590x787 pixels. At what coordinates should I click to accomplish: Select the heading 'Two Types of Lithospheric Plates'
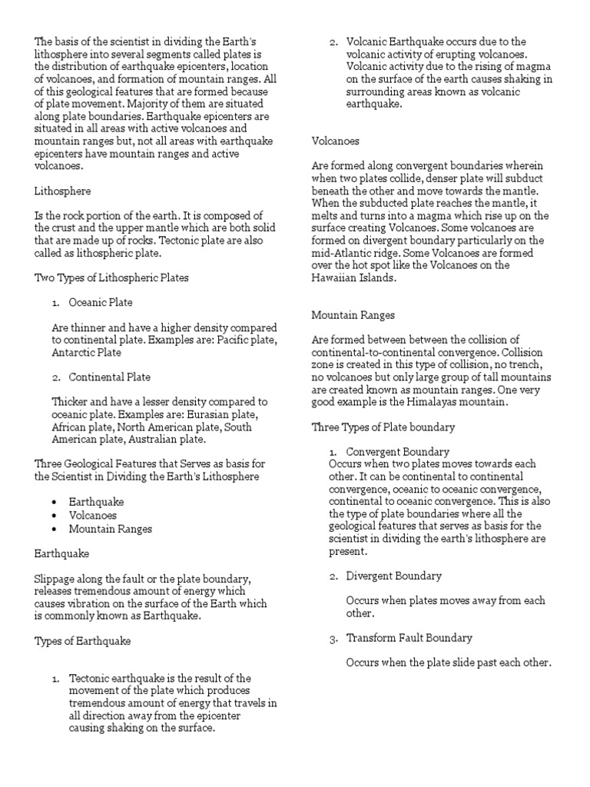(111, 277)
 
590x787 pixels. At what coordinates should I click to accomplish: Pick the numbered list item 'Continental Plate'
(110, 377)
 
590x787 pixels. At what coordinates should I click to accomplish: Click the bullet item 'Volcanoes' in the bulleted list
(93, 515)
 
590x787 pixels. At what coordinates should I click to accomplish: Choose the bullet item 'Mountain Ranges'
(111, 528)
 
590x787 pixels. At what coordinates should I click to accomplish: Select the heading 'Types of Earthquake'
(83, 640)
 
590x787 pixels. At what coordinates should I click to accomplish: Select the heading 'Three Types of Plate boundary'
(383, 427)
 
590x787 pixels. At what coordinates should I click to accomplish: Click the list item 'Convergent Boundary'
(398, 452)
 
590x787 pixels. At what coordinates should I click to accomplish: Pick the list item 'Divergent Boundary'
(394, 576)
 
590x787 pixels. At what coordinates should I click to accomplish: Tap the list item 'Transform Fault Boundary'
(409, 638)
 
